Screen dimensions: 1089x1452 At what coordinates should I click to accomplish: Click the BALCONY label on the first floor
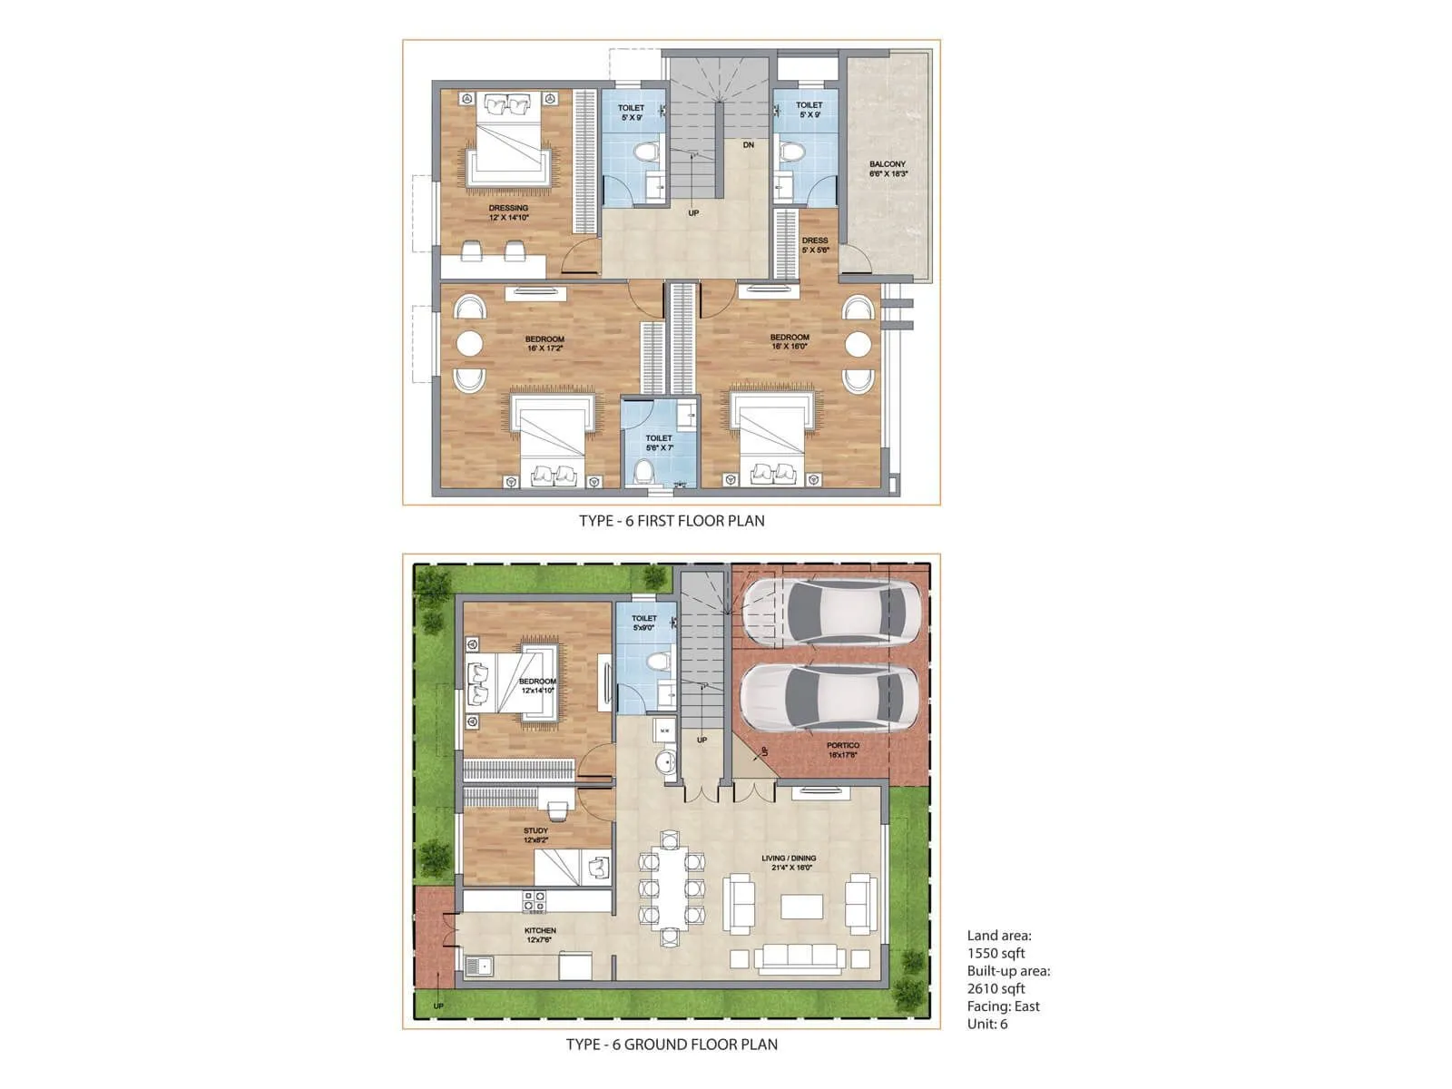(x=888, y=169)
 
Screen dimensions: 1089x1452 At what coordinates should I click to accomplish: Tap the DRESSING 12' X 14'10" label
(x=508, y=212)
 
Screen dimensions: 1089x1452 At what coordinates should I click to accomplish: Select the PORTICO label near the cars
(x=843, y=750)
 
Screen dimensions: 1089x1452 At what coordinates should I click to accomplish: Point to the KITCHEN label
(x=540, y=935)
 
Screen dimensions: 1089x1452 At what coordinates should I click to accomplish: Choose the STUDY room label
(x=535, y=835)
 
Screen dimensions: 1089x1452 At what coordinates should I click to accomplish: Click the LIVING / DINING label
(x=789, y=862)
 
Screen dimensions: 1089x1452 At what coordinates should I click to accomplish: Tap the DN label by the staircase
(x=749, y=145)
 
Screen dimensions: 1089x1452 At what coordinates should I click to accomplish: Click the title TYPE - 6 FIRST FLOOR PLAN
(x=672, y=521)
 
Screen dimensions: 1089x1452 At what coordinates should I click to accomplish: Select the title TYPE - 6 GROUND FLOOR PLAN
(x=672, y=1045)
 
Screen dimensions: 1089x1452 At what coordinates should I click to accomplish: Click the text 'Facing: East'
(x=1003, y=1006)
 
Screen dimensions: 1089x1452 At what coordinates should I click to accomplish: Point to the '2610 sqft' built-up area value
(x=996, y=988)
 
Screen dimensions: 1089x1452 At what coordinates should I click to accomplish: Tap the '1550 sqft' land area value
(x=996, y=953)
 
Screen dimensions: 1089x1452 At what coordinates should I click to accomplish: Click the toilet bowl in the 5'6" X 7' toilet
(x=645, y=472)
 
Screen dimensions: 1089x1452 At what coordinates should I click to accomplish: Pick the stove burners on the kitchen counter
(x=535, y=901)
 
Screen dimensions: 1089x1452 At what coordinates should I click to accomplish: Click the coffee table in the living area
(x=802, y=907)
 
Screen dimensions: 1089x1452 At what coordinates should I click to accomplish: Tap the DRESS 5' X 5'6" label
(x=815, y=245)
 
